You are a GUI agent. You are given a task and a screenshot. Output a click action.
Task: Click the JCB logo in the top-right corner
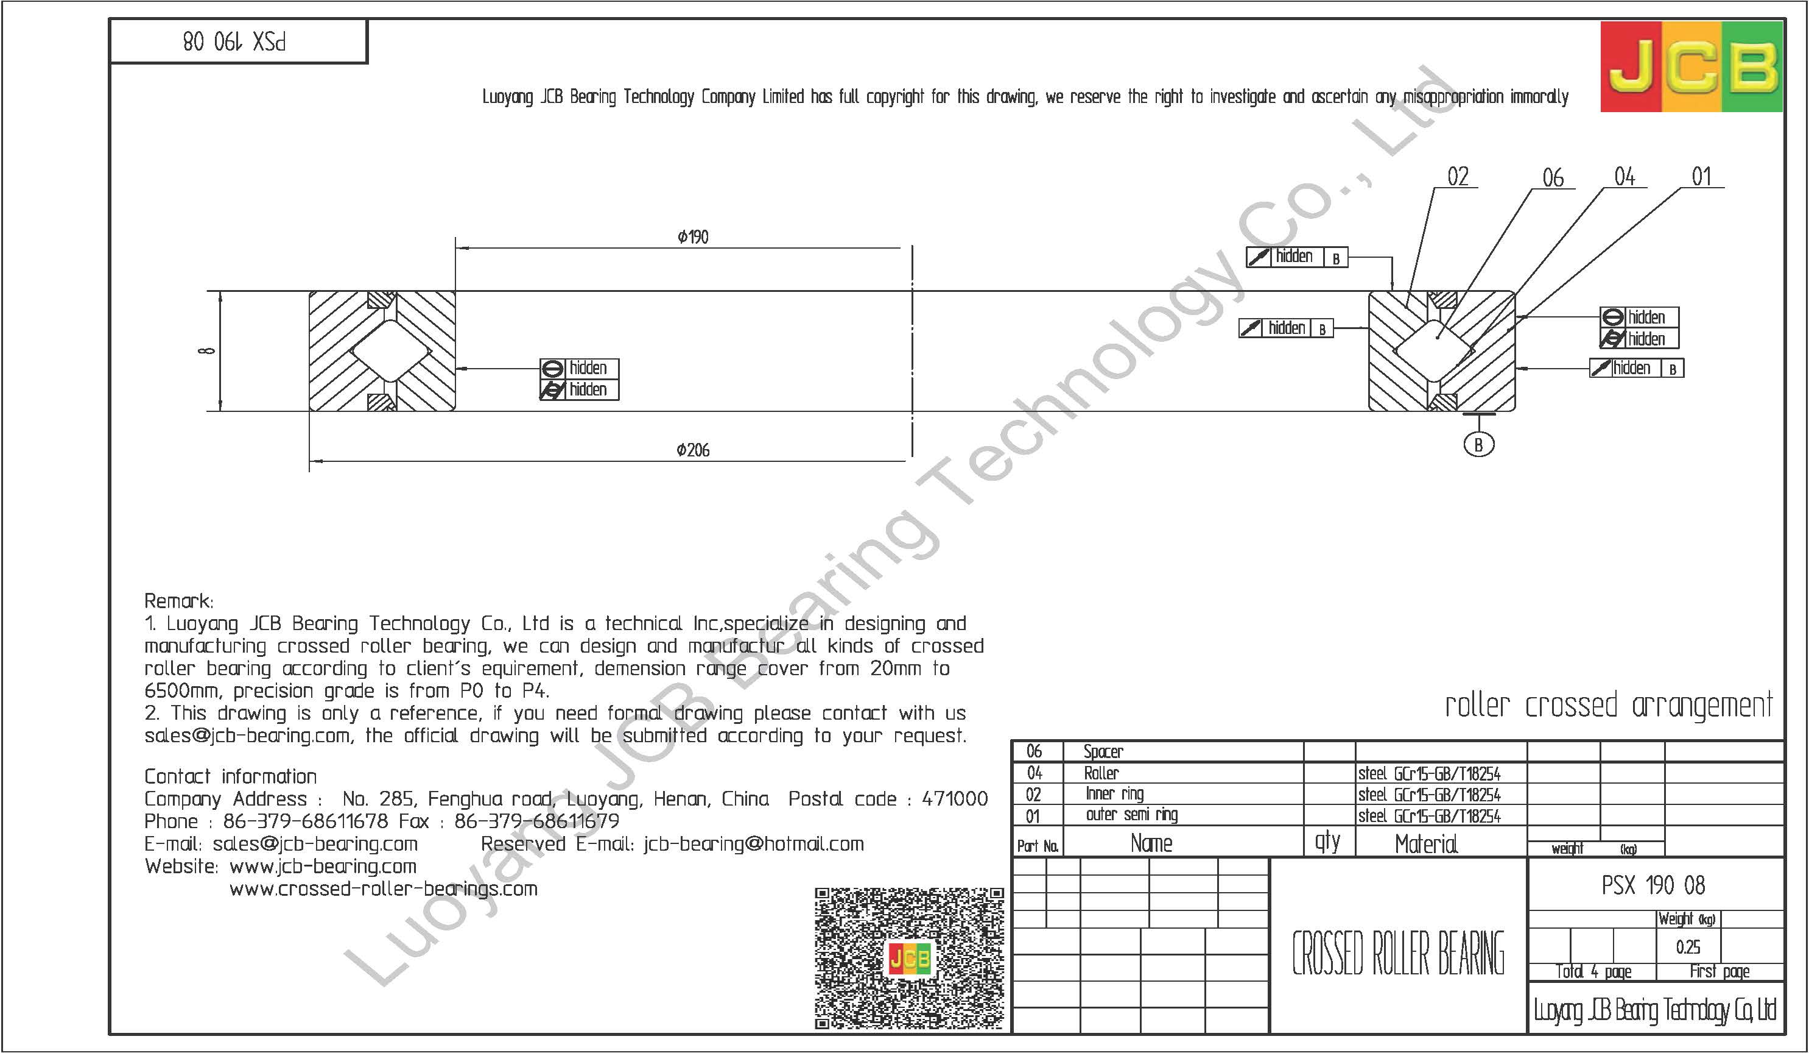tap(1691, 67)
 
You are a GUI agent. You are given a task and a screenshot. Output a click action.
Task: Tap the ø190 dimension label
tap(693, 237)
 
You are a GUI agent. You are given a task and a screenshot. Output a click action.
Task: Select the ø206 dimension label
tap(693, 450)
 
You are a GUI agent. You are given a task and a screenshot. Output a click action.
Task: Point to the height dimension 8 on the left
tap(207, 350)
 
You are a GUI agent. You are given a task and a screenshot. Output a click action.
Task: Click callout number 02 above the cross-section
tap(1458, 177)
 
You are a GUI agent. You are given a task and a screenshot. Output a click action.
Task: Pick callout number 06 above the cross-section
tap(1553, 178)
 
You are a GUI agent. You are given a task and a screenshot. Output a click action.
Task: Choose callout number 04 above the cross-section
tap(1625, 177)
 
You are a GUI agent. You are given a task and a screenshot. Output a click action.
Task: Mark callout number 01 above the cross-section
tap(1702, 177)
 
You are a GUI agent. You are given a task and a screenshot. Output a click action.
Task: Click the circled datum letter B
tap(1478, 445)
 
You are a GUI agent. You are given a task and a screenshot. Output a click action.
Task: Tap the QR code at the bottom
tap(910, 957)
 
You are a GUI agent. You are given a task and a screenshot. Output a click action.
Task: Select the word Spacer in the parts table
tap(1103, 752)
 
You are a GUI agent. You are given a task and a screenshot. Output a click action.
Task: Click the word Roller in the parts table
tap(1101, 773)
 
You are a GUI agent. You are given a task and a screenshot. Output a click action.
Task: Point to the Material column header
tap(1425, 844)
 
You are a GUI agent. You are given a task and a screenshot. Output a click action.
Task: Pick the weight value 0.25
tap(1688, 948)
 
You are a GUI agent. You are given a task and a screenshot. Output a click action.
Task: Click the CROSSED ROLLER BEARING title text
tap(1397, 953)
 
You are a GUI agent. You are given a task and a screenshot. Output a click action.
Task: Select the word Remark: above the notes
tap(179, 600)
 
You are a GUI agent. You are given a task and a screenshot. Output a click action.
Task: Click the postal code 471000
tap(955, 799)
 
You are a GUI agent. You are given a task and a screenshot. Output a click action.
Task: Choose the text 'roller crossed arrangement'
tap(1608, 706)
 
